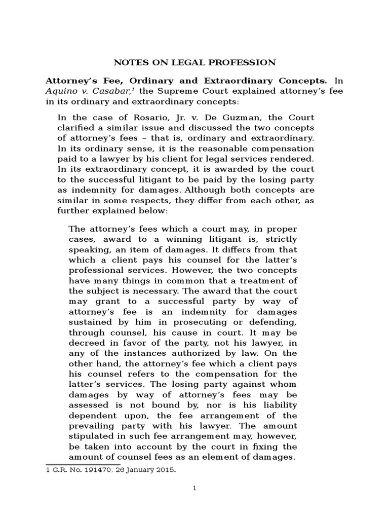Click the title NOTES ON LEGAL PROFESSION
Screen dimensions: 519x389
point(194,62)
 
